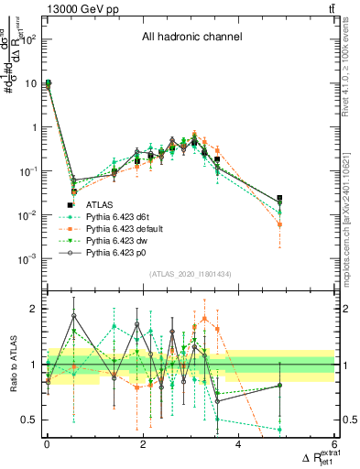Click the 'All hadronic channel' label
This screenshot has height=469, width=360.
point(191,38)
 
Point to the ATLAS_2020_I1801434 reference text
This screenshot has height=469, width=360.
point(191,275)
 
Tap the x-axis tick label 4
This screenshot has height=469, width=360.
point(238,444)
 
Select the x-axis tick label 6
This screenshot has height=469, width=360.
point(334,444)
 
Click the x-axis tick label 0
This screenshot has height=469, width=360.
point(47,444)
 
